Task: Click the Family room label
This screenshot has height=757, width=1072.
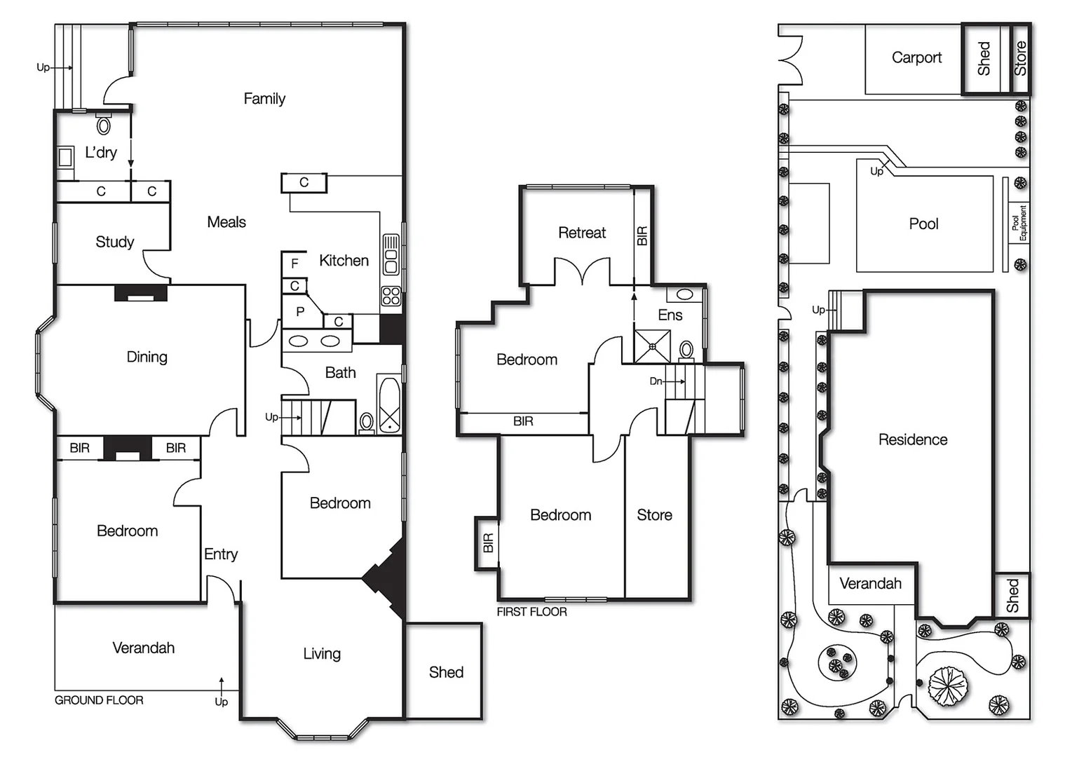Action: (264, 99)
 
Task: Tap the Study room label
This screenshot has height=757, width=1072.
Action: (114, 242)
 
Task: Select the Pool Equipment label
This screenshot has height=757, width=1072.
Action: (1019, 223)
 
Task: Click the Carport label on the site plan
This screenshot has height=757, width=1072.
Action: (916, 57)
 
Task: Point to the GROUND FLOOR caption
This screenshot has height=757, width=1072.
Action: (99, 700)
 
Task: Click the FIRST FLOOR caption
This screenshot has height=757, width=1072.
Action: (531, 612)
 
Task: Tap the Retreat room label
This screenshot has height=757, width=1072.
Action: (581, 233)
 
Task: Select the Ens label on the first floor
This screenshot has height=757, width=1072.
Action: (670, 315)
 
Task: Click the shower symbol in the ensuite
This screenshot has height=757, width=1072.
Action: (652, 346)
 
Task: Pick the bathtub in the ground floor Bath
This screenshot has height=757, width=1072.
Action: (389, 404)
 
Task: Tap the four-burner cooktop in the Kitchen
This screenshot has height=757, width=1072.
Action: (391, 296)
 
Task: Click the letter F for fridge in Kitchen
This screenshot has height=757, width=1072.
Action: (294, 264)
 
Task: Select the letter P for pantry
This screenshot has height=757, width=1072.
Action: (300, 312)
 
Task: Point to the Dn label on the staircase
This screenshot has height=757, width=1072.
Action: (656, 381)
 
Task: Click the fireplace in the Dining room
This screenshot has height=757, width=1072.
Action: (140, 293)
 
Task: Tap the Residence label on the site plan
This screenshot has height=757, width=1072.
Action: (912, 439)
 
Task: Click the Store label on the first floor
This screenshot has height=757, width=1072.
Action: (654, 515)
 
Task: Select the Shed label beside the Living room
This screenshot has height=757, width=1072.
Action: (446, 672)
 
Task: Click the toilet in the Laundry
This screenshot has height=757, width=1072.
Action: (104, 125)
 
